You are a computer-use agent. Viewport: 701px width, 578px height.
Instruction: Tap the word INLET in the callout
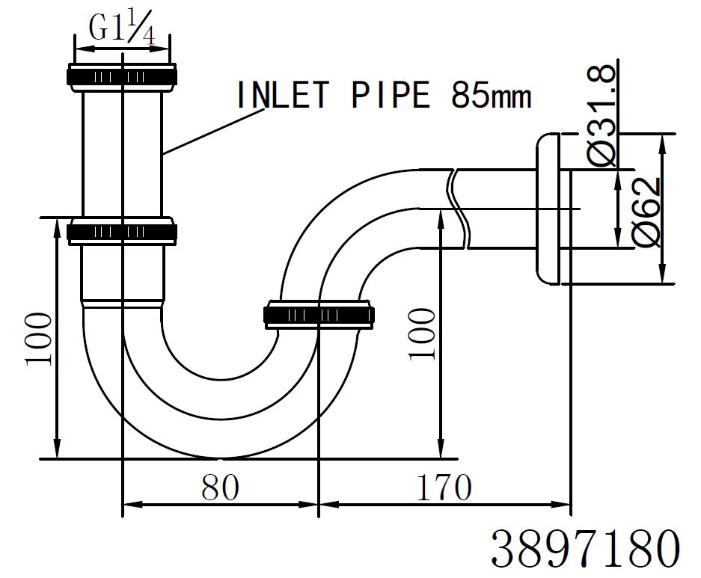283,96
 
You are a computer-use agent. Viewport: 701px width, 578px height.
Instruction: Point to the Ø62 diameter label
646,211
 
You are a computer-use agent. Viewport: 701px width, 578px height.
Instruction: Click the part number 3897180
585,549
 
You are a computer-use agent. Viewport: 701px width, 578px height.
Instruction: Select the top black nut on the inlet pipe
122,76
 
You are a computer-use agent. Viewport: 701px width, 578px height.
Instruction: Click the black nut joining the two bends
319,315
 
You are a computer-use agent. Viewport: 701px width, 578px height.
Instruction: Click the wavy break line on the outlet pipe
458,210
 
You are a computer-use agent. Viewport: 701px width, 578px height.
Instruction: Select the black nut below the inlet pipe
122,232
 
